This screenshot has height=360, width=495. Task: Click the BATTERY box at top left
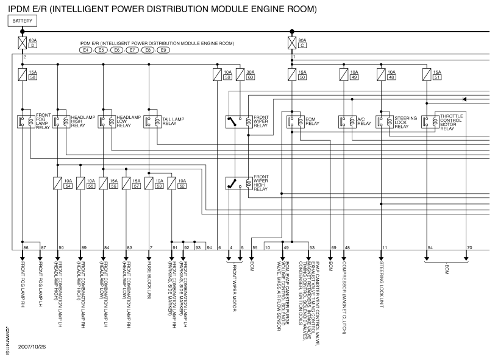point(23,21)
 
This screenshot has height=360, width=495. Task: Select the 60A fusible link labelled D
point(23,43)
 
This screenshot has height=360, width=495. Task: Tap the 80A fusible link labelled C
point(292,43)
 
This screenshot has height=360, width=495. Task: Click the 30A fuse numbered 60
point(240,75)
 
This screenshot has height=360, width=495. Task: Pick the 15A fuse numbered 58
point(23,75)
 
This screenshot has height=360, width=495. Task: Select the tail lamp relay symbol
point(153,121)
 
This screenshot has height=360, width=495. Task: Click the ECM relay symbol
point(296,121)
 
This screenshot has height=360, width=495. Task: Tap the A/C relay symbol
point(348,121)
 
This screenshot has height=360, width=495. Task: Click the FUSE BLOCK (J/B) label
point(149,277)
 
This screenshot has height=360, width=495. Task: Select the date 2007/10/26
point(32,347)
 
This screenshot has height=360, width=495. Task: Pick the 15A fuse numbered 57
point(126,182)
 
